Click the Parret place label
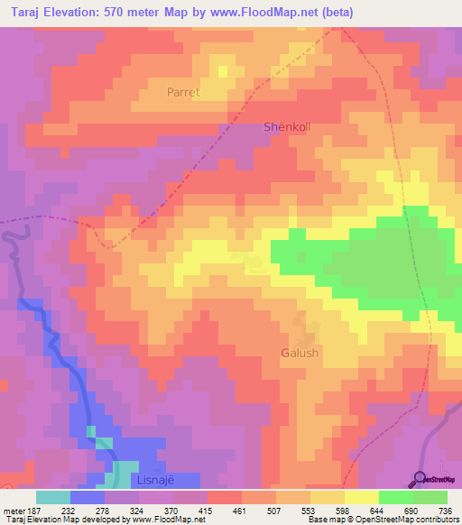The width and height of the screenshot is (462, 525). tap(182, 92)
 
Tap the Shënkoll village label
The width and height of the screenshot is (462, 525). tap(287, 127)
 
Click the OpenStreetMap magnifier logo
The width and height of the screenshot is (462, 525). tap(420, 478)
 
